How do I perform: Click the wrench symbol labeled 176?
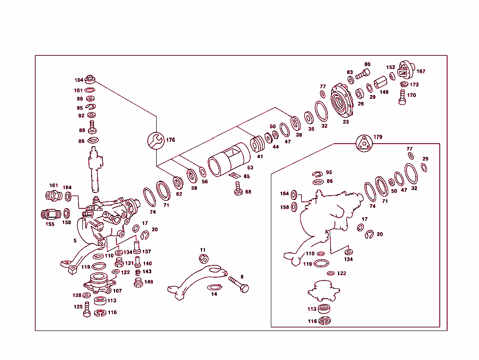tap(156, 140)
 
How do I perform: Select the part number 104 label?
tap(79, 80)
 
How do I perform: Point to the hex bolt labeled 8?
tap(239, 284)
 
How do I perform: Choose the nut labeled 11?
tap(203, 259)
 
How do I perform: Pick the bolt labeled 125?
tap(87, 310)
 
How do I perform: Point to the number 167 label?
tap(421, 72)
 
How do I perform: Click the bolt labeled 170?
tap(402, 97)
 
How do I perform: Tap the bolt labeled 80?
tap(362, 74)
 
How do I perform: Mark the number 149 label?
tap(384, 92)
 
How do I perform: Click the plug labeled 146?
tap(138, 283)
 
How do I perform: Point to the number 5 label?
tap(74, 241)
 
